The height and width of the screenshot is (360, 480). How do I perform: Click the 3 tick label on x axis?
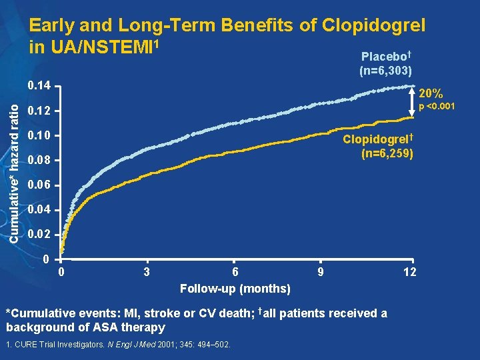[146, 272]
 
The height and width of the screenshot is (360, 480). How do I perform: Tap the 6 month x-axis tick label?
[235, 272]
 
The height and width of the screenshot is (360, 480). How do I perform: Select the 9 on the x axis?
[321, 272]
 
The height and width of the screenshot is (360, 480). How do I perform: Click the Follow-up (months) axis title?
[235, 289]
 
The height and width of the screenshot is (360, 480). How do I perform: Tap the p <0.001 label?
[437, 107]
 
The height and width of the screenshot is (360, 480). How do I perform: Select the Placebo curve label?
[385, 57]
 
